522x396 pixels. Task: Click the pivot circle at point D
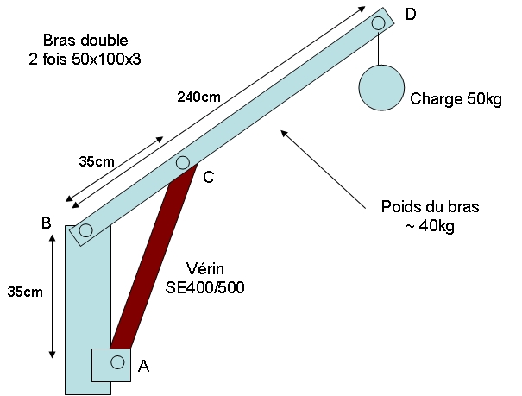click(378, 23)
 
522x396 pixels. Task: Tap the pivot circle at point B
click(85, 230)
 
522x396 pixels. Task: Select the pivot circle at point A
click(117, 361)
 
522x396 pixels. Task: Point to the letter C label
click(209, 178)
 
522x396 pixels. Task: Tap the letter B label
click(47, 223)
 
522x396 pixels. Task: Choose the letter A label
click(144, 366)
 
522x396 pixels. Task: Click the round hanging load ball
click(381, 87)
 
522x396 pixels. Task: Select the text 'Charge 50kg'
click(456, 99)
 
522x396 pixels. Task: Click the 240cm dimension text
click(198, 96)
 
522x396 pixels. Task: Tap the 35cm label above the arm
click(96, 160)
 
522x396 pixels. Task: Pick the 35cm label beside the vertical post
click(21, 292)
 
